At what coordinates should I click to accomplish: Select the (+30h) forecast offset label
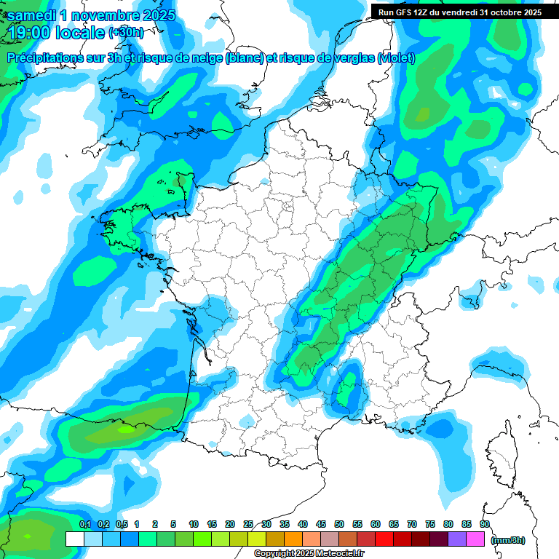click(125, 33)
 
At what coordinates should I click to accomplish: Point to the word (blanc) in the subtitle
click(245, 58)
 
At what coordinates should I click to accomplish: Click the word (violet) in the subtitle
click(397, 58)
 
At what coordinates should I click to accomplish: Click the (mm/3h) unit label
click(508, 540)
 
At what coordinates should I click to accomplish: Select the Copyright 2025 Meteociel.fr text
click(309, 554)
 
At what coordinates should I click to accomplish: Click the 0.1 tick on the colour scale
click(84, 524)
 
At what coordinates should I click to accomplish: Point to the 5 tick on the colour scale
click(173, 524)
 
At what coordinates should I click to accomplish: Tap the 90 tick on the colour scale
click(484, 524)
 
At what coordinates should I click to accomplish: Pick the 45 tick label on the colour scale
click(321, 524)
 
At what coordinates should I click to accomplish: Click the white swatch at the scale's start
click(75, 539)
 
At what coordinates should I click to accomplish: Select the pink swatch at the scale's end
click(475, 539)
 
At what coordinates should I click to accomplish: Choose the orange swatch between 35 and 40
click(293, 539)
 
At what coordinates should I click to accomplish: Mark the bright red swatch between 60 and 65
click(384, 539)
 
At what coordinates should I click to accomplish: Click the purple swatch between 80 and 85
click(457, 539)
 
